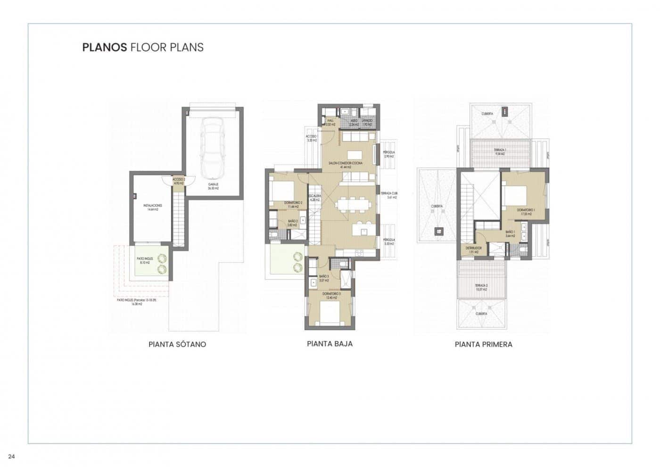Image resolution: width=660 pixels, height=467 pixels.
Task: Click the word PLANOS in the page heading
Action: point(104,47)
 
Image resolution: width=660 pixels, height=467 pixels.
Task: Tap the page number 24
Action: point(12,456)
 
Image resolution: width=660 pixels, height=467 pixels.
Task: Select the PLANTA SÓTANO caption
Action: point(177,344)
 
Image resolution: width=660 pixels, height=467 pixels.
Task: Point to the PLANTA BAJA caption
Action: point(330,344)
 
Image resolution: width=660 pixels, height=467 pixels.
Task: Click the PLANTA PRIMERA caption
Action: point(483,344)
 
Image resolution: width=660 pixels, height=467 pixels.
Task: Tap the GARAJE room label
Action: point(214,185)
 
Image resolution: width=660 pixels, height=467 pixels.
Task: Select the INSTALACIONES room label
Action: point(153,206)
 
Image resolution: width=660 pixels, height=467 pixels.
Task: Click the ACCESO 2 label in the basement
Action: point(179,180)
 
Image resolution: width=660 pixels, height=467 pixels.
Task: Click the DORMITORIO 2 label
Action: point(293,203)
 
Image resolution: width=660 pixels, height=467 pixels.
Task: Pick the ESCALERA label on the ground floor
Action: point(314,196)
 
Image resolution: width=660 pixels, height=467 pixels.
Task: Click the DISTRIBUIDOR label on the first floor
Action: point(473,249)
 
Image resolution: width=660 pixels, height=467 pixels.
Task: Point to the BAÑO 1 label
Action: point(510,233)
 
